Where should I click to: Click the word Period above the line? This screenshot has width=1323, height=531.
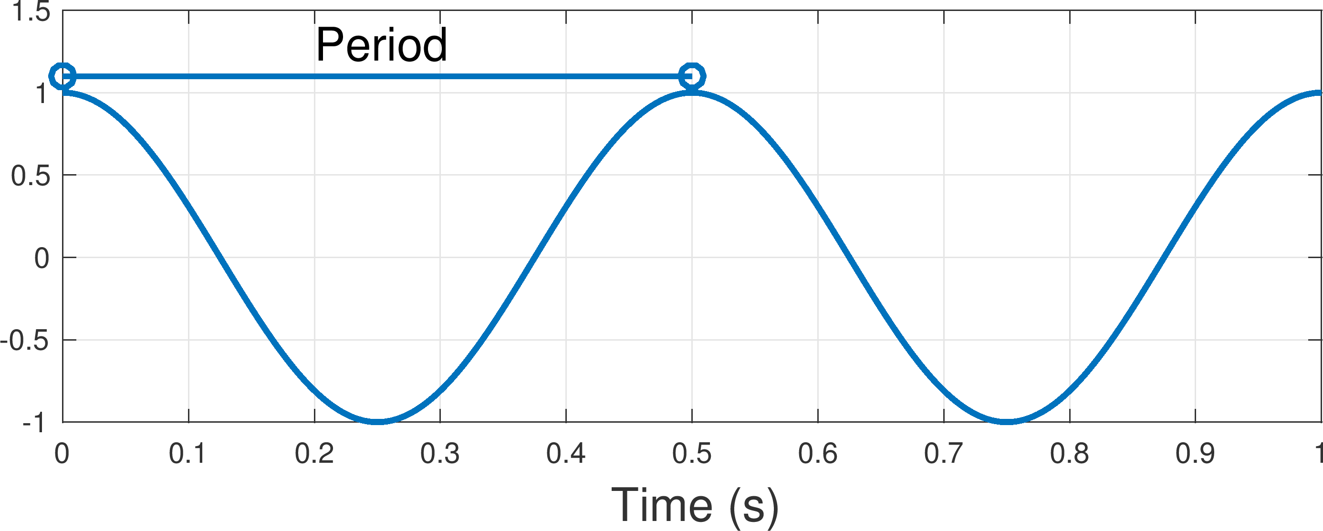tap(381, 45)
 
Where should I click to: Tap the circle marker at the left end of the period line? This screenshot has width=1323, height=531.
tap(62, 76)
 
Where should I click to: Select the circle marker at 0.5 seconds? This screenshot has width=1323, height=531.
tap(692, 76)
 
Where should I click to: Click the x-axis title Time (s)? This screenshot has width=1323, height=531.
tap(694, 506)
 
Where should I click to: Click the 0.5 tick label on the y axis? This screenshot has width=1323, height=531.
tap(31, 176)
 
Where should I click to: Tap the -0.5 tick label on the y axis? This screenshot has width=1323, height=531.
tap(25, 341)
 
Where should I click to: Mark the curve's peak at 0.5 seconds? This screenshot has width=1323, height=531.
tap(692, 94)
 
